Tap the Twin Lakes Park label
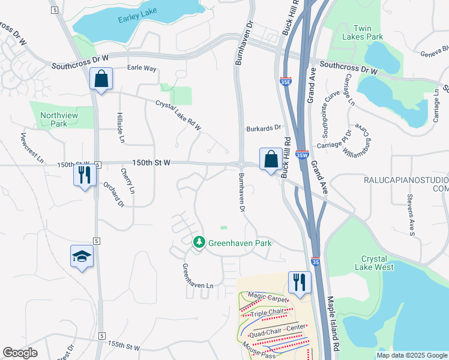368,32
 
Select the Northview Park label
54,119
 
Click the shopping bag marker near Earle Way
101,79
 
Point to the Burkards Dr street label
264,128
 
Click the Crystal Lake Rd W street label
178,114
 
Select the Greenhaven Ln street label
198,275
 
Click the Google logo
20,352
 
